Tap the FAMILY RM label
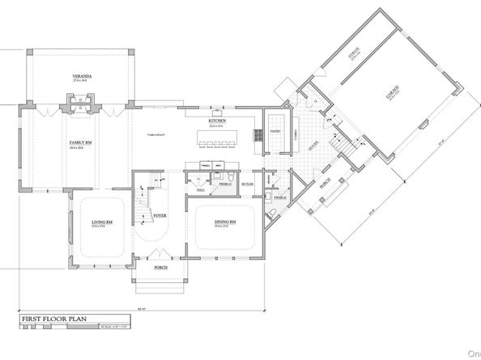[x=78, y=142]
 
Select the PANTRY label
[x=274, y=130]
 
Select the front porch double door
[x=160, y=256]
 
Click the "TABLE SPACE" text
[x=157, y=133]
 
